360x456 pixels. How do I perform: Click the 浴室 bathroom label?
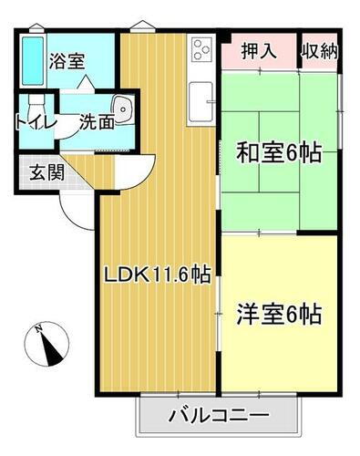click(67, 62)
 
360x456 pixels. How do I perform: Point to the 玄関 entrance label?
click(36, 171)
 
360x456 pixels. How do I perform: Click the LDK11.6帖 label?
click(156, 273)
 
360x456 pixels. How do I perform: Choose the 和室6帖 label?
click(279, 154)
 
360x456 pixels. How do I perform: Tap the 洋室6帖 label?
click(279, 316)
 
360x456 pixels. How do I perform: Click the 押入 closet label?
click(259, 51)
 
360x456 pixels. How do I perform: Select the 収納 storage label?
click(319, 51)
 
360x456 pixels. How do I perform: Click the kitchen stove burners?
click(201, 47)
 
